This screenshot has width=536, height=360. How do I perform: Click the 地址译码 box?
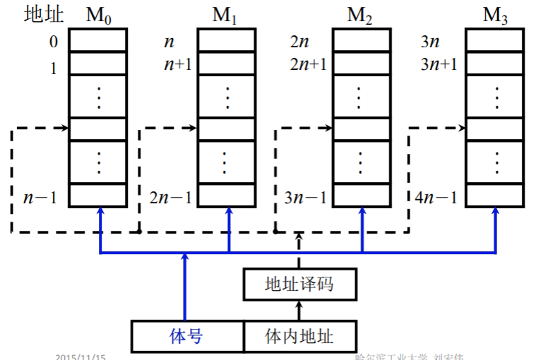tap(299, 284)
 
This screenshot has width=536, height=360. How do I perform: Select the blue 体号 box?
tap(187, 336)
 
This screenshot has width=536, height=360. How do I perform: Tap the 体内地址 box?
tap(299, 336)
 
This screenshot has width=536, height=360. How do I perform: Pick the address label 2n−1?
tap(170, 197)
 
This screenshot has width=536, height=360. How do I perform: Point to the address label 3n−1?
tap(304, 197)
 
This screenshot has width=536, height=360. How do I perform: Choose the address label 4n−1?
tap(436, 197)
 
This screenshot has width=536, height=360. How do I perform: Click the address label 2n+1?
tap(309, 64)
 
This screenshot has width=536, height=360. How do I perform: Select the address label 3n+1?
tap(439, 64)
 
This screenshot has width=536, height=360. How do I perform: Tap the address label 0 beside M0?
tap(54, 42)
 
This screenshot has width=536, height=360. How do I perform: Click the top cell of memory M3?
tap(494, 40)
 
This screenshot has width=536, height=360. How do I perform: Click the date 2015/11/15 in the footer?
tap(80, 357)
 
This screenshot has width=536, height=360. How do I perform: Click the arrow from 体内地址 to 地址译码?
tap(299, 310)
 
